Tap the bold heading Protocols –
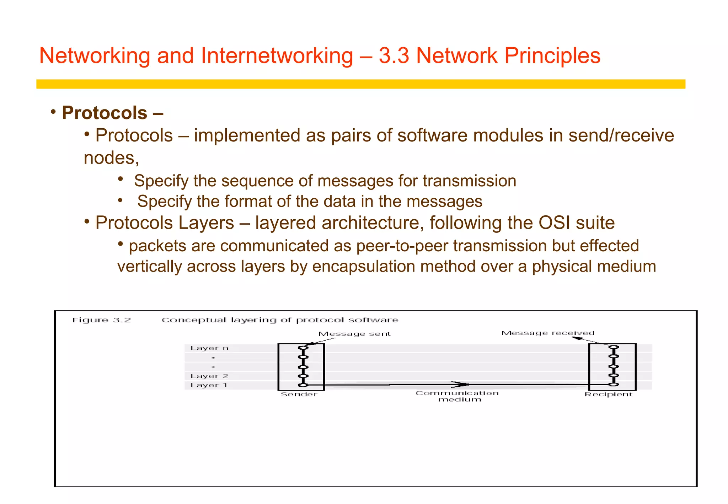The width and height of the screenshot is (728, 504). [112, 113]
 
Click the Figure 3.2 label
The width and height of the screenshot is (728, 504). [102, 320]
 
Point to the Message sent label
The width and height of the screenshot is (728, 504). [354, 334]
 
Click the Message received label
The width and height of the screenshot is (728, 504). [547, 333]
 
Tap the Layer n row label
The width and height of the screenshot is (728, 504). [209, 348]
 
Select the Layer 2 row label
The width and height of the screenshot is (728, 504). [209, 376]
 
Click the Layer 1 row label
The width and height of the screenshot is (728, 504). [209, 385]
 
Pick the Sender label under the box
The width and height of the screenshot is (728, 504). [299, 395]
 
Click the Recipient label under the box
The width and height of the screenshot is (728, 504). [608, 395]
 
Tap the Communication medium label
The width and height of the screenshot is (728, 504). [457, 396]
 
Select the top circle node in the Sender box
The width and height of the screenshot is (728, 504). [303, 348]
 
